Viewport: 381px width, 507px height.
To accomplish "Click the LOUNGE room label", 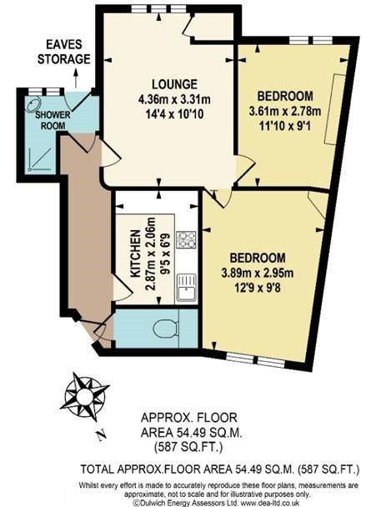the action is coord(174,84).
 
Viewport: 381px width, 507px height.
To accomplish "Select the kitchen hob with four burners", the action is coord(186,239).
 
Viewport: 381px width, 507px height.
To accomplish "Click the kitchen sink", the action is coord(187,288).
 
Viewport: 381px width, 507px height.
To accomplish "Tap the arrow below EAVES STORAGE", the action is coord(76,78).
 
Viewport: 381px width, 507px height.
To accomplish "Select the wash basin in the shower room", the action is coord(33,103).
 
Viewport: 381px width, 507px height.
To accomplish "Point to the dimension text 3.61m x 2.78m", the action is coord(284,112).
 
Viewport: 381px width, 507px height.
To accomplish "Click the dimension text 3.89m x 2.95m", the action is coord(258,274).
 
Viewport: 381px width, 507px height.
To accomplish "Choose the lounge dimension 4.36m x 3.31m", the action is coord(174,99).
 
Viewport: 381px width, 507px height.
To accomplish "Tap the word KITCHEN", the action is coord(135,254).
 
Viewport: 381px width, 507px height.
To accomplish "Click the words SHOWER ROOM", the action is coord(53,120).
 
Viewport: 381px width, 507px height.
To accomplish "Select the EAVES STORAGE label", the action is coord(64,52).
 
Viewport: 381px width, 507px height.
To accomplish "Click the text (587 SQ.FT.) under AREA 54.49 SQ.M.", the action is coord(188,448).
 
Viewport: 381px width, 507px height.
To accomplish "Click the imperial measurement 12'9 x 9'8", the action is coord(258,287).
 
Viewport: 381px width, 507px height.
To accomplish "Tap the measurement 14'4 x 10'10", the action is coord(175,113).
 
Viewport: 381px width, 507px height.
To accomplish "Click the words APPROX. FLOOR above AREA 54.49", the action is coord(189,418).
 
